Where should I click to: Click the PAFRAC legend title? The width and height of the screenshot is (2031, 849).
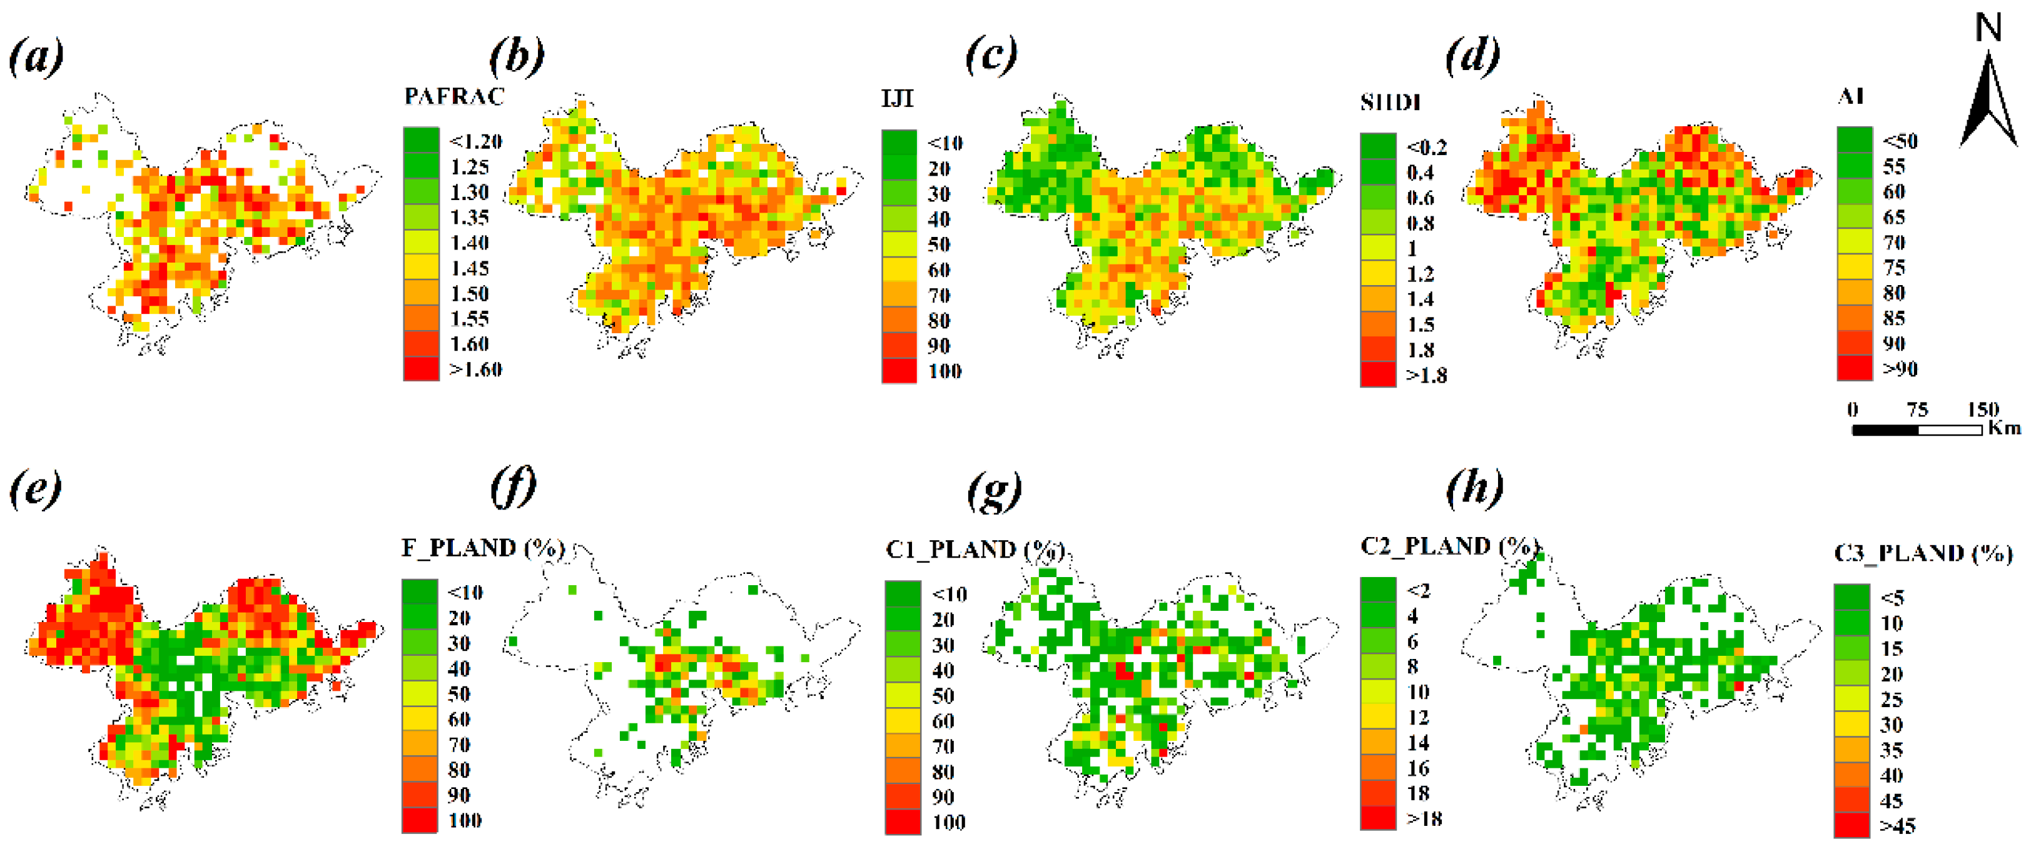coord(453,96)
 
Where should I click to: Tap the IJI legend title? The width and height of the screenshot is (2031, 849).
coord(897,99)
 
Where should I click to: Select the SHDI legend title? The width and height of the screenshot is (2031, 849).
coord(1390,103)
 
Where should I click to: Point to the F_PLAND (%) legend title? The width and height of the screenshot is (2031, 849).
coord(482,548)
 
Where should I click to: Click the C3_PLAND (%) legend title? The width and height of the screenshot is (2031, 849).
coord(1923,553)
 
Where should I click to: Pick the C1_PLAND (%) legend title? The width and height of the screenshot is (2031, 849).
coord(975,550)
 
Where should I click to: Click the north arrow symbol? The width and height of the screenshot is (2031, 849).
coord(1988,103)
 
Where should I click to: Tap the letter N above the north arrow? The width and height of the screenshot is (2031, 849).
coord(1988,28)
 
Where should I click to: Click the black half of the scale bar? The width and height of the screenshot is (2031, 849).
coord(1885,430)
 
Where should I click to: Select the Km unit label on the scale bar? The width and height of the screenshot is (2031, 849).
coord(2004,428)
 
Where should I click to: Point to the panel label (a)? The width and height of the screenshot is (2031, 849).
coord(36,58)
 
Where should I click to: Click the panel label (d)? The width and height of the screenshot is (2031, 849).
coord(1472,58)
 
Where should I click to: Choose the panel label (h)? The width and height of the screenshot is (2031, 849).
coord(1474,489)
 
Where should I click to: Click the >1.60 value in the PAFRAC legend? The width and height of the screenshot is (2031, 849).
coord(475,369)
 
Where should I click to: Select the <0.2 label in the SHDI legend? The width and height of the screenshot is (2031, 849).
coord(1426,148)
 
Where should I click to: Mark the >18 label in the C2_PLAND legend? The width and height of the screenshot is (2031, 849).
coord(1424,819)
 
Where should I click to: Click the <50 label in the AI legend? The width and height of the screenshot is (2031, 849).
coord(1899,141)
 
